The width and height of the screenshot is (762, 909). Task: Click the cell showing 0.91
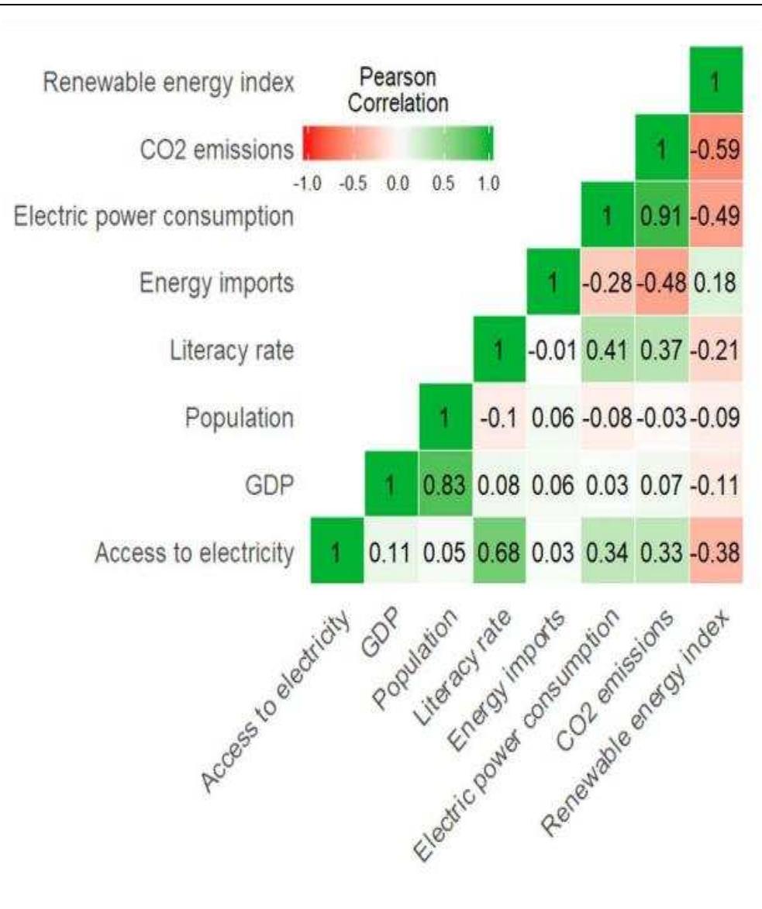tap(661, 215)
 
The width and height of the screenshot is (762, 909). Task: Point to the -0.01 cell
tap(553, 350)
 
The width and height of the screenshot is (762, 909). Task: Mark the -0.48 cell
tap(661, 283)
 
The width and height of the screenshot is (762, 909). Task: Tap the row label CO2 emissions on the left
tap(205, 148)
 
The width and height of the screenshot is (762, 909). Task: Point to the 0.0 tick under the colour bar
tap(398, 184)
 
